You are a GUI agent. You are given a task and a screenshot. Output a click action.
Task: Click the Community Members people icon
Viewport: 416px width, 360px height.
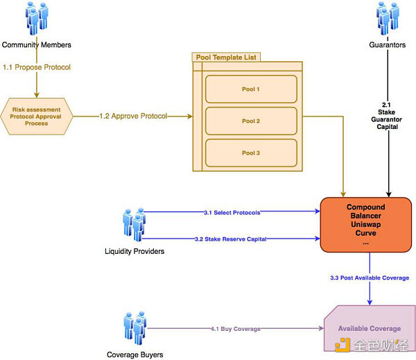pos(37,19)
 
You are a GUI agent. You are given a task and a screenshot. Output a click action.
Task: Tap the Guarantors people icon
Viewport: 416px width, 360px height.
pos(388,19)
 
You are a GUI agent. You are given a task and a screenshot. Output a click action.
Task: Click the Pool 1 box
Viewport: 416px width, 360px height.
pos(250,89)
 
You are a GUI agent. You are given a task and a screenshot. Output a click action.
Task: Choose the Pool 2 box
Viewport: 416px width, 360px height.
pos(250,121)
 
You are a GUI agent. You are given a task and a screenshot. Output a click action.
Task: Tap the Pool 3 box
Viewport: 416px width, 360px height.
pos(250,153)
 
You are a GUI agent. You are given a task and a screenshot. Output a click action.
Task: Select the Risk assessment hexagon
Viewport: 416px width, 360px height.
pos(36,116)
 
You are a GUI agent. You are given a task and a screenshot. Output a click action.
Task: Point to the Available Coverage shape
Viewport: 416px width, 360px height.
pos(369,328)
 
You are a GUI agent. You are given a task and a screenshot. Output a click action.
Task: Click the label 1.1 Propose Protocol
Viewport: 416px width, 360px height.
pos(36,67)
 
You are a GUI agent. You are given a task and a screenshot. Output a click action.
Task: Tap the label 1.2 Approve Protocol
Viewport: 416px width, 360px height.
pos(132,116)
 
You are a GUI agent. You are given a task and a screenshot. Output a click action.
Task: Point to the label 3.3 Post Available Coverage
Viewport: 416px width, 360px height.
pos(370,278)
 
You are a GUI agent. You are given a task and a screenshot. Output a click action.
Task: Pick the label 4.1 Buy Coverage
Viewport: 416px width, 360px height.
pos(236,328)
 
